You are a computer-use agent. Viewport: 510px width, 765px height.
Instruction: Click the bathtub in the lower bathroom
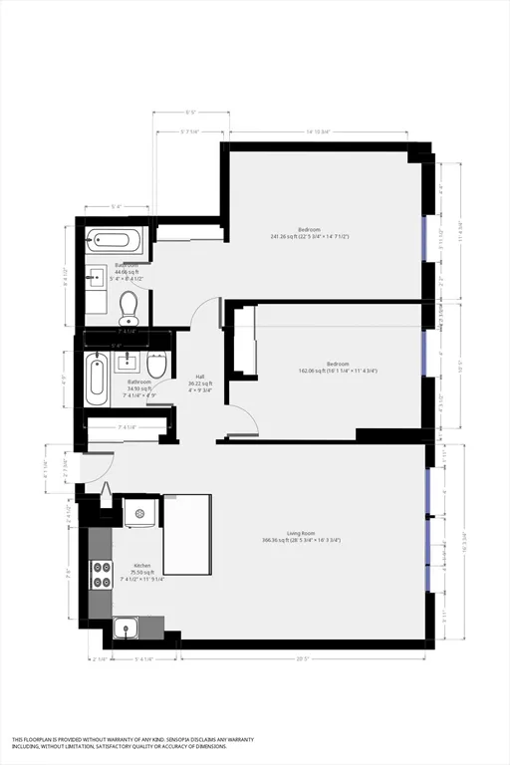pyautogui.click(x=96, y=380)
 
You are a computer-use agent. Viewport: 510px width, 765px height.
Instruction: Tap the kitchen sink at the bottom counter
pyautogui.click(x=126, y=628)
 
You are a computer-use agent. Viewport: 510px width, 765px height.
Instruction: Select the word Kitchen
pyautogui.click(x=142, y=566)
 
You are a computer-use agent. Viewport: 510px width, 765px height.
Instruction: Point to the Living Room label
pyautogui.click(x=301, y=533)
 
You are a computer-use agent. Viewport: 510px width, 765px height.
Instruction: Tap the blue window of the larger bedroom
pyautogui.click(x=425, y=238)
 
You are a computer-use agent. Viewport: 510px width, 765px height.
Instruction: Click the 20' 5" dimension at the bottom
pyautogui.click(x=301, y=658)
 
